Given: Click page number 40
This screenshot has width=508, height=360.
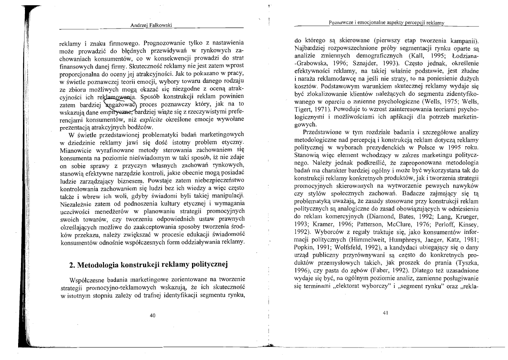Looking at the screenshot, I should pyautogui.click(x=152, y=315).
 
